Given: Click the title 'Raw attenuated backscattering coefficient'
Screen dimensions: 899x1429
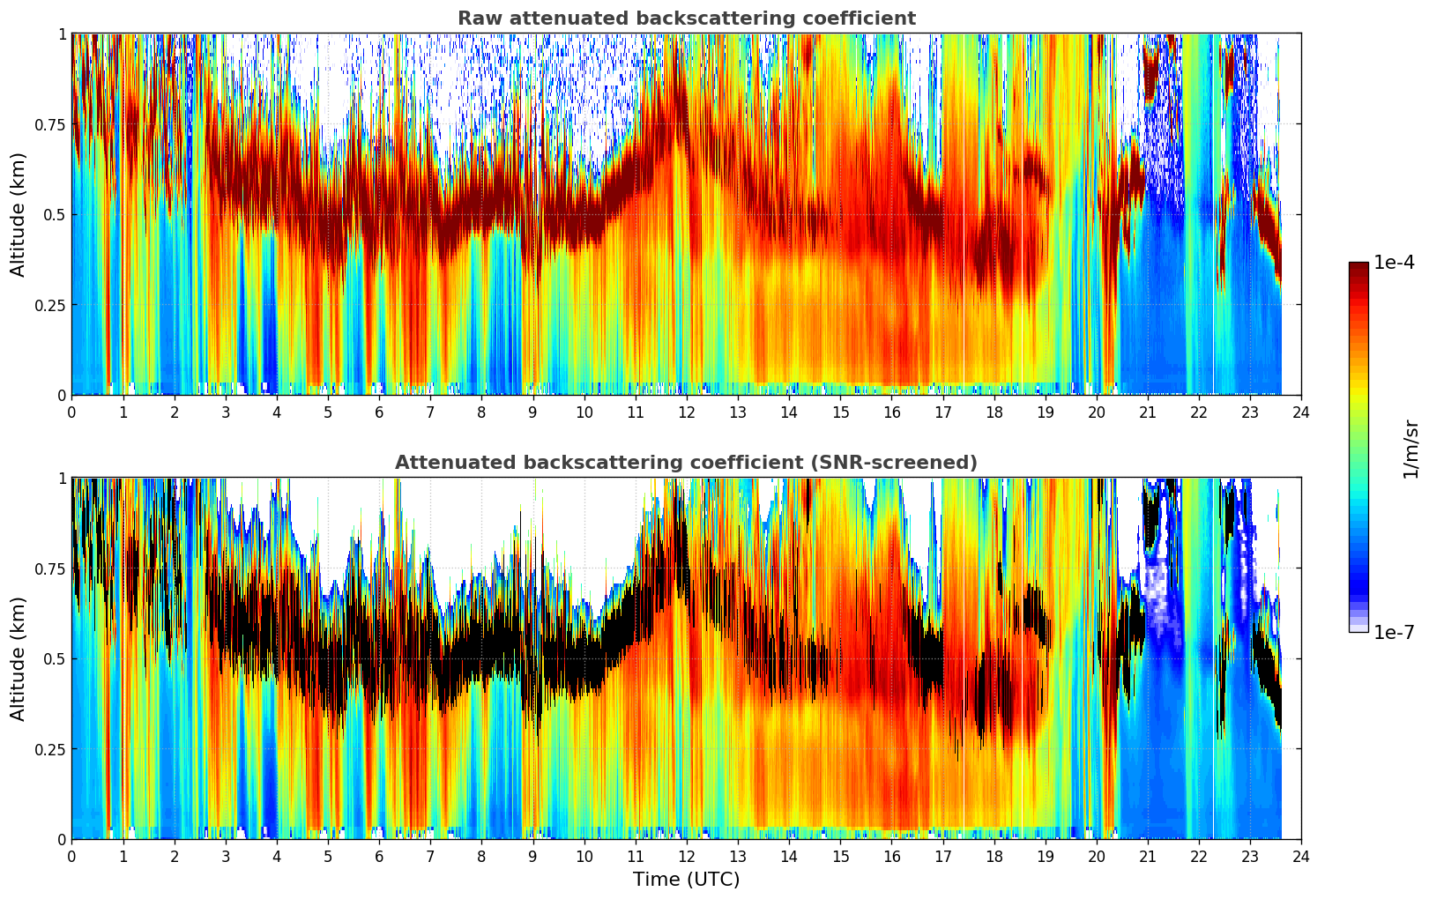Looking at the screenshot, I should click(x=686, y=19).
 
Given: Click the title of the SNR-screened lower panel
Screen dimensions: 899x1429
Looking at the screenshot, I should click(x=686, y=463).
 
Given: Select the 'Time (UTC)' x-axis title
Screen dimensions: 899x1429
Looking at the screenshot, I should click(x=686, y=880).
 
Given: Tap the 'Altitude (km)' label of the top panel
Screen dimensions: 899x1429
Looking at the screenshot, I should click(x=19, y=214).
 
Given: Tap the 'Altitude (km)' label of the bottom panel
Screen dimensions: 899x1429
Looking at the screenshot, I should click(x=19, y=658).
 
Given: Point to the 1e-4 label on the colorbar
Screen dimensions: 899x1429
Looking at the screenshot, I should click(x=1394, y=263).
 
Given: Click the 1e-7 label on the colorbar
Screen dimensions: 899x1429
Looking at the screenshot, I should click(x=1394, y=632).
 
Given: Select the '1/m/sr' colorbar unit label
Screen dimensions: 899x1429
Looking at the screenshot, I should click(x=1410, y=448).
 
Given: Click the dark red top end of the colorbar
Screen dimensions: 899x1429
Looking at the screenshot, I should click(x=1358, y=267).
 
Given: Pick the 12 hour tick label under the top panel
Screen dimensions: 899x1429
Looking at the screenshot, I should click(x=686, y=412).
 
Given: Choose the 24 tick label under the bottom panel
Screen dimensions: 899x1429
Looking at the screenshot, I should click(x=1300, y=856).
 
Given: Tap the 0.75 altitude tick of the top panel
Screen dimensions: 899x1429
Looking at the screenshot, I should click(x=49, y=124).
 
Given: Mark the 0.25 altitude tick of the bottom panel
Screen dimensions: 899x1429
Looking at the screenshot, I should click(x=49, y=749).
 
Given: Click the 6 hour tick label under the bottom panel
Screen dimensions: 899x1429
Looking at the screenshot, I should click(x=379, y=856).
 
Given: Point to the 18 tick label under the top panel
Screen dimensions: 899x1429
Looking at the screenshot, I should click(x=994, y=412).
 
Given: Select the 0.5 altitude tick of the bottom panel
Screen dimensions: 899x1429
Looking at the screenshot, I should click(x=54, y=658).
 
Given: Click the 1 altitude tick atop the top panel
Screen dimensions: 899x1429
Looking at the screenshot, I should click(x=62, y=34).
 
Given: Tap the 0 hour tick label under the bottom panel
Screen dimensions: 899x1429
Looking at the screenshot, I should click(x=71, y=856).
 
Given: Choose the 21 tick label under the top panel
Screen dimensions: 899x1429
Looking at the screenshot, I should click(x=1147, y=412).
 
